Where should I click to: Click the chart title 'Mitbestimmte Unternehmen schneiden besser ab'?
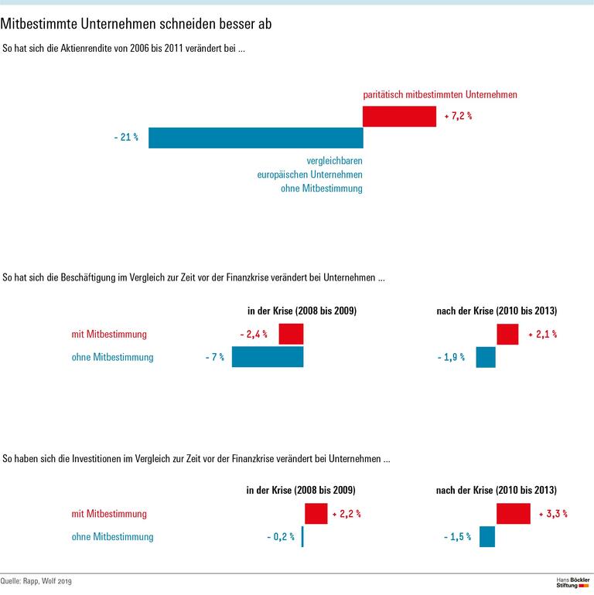[136, 24]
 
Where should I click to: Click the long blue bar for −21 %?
[255, 138]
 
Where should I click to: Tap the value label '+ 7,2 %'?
[458, 117]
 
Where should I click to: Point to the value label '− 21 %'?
[125, 138]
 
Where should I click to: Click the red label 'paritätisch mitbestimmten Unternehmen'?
[440, 94]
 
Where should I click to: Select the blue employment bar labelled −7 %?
[268, 357]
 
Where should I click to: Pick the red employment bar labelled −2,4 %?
[291, 335]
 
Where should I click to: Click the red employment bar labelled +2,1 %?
[507, 335]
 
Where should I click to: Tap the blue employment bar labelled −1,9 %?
[486, 357]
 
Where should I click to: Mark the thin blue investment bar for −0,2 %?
[302, 536]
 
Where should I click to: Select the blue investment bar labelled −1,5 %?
[487, 536]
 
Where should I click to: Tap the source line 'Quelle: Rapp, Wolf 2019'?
[37, 581]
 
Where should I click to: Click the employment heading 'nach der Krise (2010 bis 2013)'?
[497, 311]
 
